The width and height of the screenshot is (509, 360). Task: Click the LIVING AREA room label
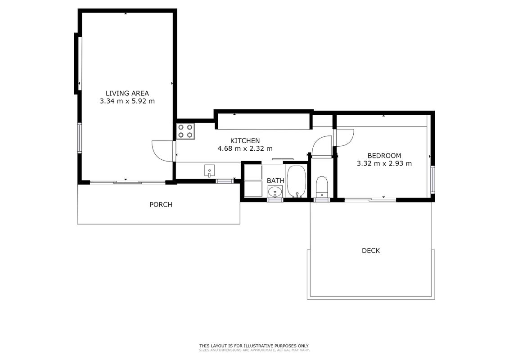127,94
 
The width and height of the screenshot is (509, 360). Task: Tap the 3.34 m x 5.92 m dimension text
127,101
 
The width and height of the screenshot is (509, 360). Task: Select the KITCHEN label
245,141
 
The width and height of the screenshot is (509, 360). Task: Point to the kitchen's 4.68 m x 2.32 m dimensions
245,148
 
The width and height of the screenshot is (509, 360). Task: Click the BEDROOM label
384,156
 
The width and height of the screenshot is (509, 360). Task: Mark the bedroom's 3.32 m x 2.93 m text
384,164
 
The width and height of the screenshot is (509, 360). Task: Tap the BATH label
275,181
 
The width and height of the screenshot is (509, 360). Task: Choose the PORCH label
161,205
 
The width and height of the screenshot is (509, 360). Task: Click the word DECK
371,251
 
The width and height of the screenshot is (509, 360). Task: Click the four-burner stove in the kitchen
185,131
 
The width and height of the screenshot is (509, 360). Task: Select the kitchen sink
209,171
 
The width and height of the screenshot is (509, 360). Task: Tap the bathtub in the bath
297,181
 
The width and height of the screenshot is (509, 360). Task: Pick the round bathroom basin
275,192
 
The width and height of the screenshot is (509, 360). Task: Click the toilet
322,187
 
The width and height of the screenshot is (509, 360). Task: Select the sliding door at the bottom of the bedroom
370,200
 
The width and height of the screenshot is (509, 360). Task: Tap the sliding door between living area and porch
127,183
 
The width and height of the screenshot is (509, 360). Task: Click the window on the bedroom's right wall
432,180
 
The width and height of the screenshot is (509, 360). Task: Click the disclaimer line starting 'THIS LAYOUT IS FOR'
254,346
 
